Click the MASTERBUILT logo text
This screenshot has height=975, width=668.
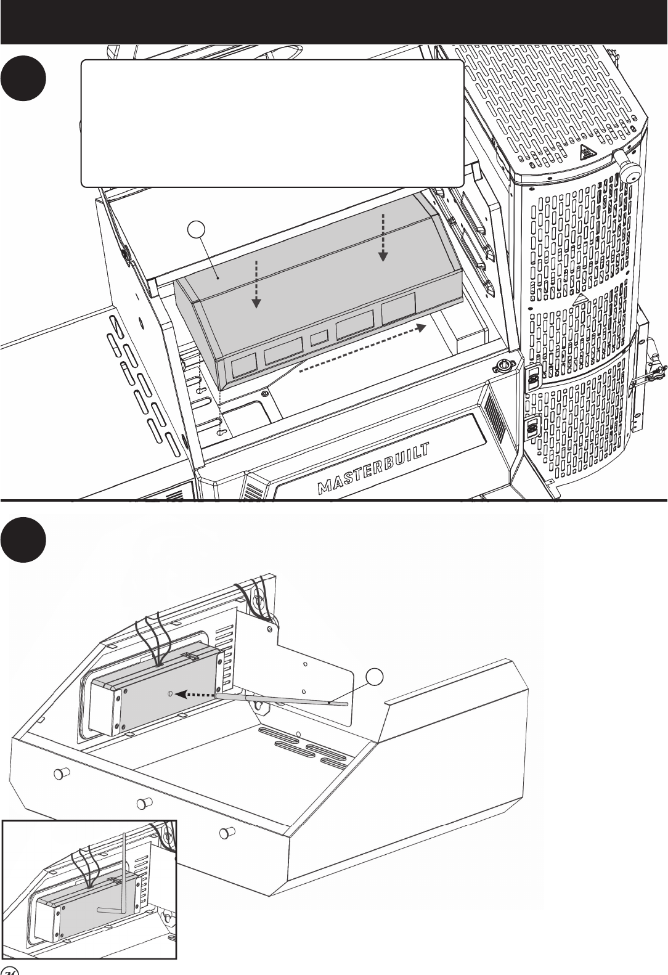(x=374, y=468)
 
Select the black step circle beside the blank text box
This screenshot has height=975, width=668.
(x=23, y=78)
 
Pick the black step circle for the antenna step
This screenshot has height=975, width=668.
(x=23, y=539)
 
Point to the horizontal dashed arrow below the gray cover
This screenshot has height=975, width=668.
(x=363, y=349)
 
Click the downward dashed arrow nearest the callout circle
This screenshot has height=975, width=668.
(x=257, y=284)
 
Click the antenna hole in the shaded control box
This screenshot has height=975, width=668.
(x=171, y=693)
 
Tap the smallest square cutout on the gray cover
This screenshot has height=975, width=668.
(x=319, y=337)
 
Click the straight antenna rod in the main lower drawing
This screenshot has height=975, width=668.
(x=282, y=700)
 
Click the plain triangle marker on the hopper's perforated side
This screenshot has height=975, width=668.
(x=579, y=300)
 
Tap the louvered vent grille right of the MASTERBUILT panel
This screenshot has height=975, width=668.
(x=495, y=417)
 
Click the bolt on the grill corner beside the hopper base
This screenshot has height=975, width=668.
(x=504, y=365)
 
